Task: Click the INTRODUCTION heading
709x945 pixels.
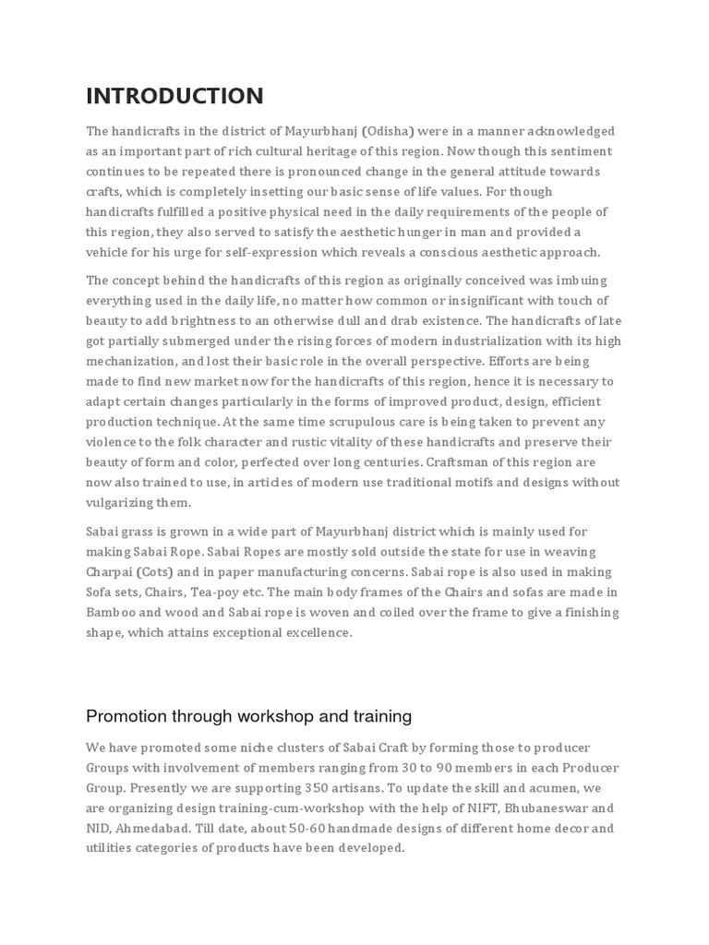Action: click(x=174, y=96)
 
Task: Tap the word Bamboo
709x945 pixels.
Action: click(x=111, y=613)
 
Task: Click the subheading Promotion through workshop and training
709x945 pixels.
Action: click(x=248, y=716)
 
